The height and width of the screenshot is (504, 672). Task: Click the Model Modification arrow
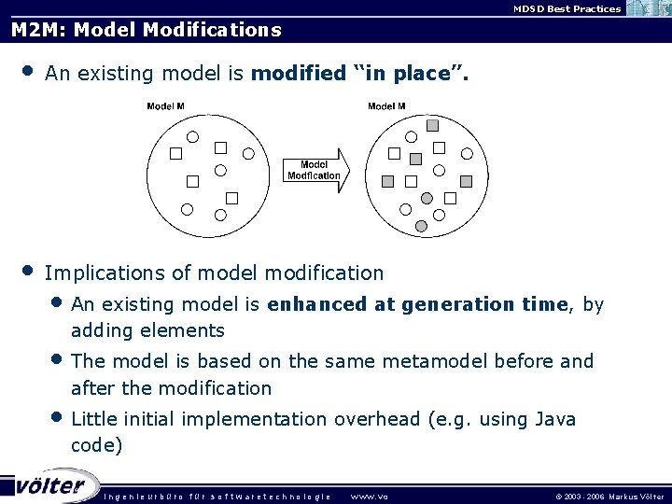tap(315, 169)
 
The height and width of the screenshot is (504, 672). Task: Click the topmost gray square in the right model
tap(432, 125)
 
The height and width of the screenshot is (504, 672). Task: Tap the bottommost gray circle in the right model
tap(421, 226)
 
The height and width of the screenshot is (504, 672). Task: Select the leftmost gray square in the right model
tap(387, 181)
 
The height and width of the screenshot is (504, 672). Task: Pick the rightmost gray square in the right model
tap(467, 181)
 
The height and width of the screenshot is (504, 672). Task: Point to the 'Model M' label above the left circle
tap(166, 106)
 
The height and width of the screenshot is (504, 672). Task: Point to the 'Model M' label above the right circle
tap(386, 106)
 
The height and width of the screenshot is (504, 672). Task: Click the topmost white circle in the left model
tap(193, 136)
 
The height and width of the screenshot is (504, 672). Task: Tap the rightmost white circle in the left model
tap(249, 154)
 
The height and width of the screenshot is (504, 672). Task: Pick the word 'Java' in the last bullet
tap(556, 420)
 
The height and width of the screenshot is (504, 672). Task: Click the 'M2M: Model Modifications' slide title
tap(146, 30)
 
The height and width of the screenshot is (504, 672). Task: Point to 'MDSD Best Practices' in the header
tap(567, 8)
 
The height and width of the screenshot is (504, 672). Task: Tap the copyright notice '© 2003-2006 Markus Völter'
tap(609, 496)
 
